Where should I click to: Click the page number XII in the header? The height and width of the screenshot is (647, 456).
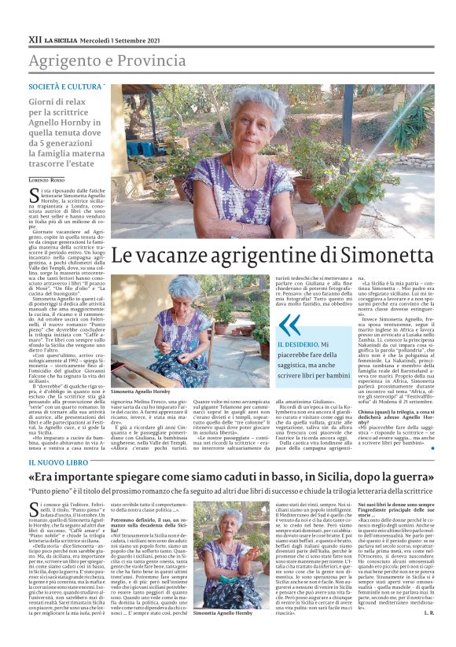35,39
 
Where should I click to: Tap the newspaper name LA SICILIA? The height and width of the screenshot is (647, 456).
61,39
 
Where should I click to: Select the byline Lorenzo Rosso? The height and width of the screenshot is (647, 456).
49,182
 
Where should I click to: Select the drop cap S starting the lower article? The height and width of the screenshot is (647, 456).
34,509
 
